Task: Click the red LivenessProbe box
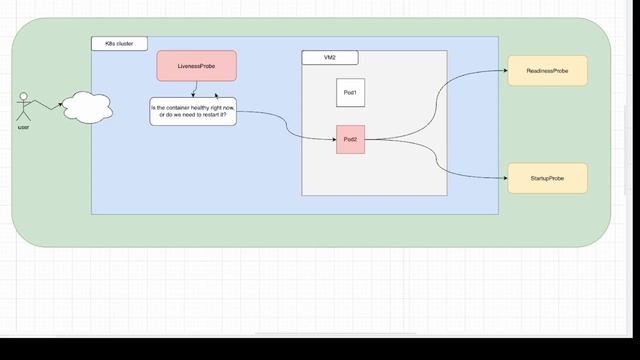click(x=196, y=66)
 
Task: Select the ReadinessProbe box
click(x=547, y=71)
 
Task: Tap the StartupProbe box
click(x=547, y=177)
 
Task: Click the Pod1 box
click(x=350, y=92)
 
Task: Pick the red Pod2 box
click(x=350, y=139)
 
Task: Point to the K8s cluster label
click(x=119, y=44)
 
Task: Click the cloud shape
click(x=84, y=105)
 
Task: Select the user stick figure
click(x=23, y=107)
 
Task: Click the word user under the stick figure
click(x=23, y=128)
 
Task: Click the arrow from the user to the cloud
click(x=45, y=104)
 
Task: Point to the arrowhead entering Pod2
click(x=334, y=139)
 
